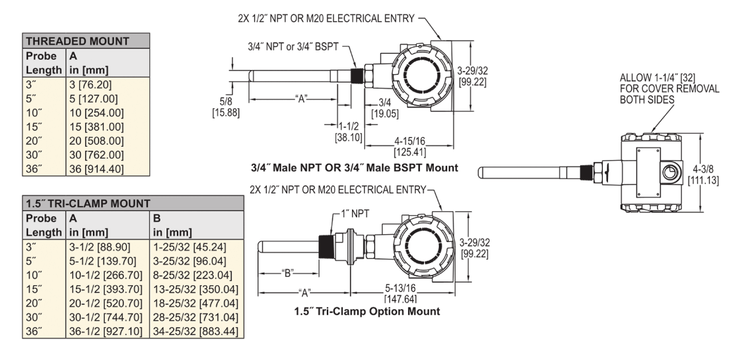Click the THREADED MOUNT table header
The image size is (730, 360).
point(77,41)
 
